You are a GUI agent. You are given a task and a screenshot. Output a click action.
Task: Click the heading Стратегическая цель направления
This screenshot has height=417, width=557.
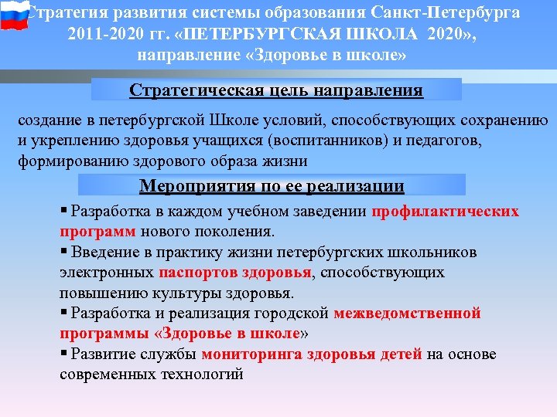click(276, 90)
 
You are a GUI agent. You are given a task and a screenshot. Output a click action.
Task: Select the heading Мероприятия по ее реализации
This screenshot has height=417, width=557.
click(272, 185)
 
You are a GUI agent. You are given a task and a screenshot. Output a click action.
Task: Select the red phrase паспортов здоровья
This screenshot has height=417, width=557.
click(235, 272)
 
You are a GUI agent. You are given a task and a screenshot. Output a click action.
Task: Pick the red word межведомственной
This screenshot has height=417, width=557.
click(408, 313)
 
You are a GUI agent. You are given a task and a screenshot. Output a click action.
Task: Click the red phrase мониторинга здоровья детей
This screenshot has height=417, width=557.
click(311, 354)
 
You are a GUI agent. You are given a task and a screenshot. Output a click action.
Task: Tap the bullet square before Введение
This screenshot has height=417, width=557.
click(63, 252)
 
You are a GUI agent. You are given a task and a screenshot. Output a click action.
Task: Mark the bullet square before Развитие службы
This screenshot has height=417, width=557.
click(63, 354)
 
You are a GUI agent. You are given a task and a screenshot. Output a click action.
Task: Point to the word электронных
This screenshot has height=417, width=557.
click(106, 272)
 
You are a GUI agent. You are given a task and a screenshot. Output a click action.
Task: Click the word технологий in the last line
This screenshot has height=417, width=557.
click(203, 374)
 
